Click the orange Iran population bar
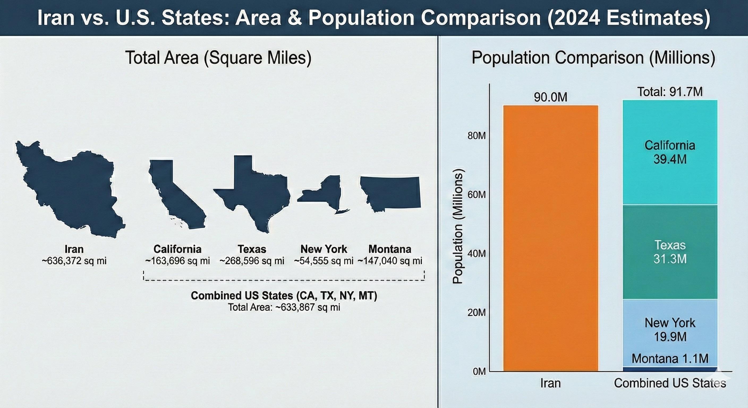[550, 238]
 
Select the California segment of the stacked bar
[670, 152]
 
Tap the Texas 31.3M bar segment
[670, 252]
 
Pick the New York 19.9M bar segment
[670, 330]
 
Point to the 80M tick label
[477, 136]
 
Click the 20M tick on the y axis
[477, 312]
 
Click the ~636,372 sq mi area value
[74, 261]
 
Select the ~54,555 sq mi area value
[324, 261]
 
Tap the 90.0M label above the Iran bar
[550, 97]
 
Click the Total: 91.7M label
[670, 92]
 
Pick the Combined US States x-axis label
[670, 383]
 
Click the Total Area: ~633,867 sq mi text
[284, 307]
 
